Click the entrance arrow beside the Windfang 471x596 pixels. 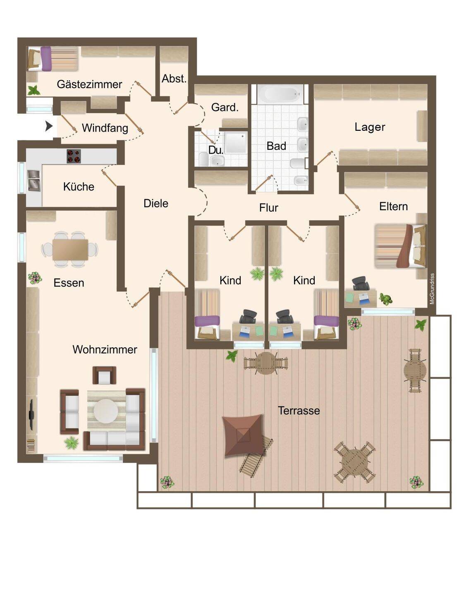click(x=49, y=127)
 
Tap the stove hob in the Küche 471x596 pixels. click(x=74, y=156)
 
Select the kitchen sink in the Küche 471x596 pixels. click(x=34, y=181)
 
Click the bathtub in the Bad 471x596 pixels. click(x=280, y=94)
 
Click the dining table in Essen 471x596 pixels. click(x=70, y=250)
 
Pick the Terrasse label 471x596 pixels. click(x=299, y=411)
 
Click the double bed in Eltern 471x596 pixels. click(x=400, y=246)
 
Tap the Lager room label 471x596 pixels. click(x=370, y=127)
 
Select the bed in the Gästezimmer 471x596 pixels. click(x=53, y=59)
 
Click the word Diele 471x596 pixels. click(x=156, y=204)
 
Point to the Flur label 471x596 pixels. click(x=269, y=208)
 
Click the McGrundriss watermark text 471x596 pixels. click(x=432, y=289)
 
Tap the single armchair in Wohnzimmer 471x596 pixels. click(x=104, y=375)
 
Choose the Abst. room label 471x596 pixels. click(x=174, y=79)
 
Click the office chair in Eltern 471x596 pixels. click(x=361, y=284)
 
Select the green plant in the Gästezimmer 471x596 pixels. click(x=33, y=90)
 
